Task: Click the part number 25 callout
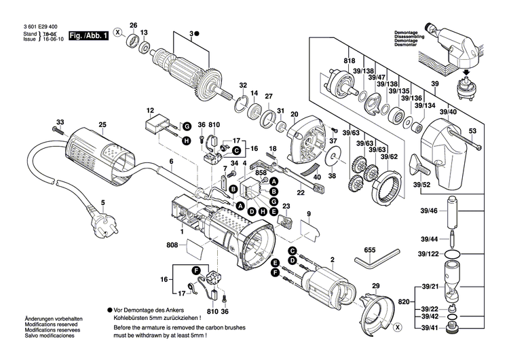coord(102,124)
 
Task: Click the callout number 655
coord(369,250)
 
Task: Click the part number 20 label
coord(295,113)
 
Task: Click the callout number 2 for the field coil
coord(333,260)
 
